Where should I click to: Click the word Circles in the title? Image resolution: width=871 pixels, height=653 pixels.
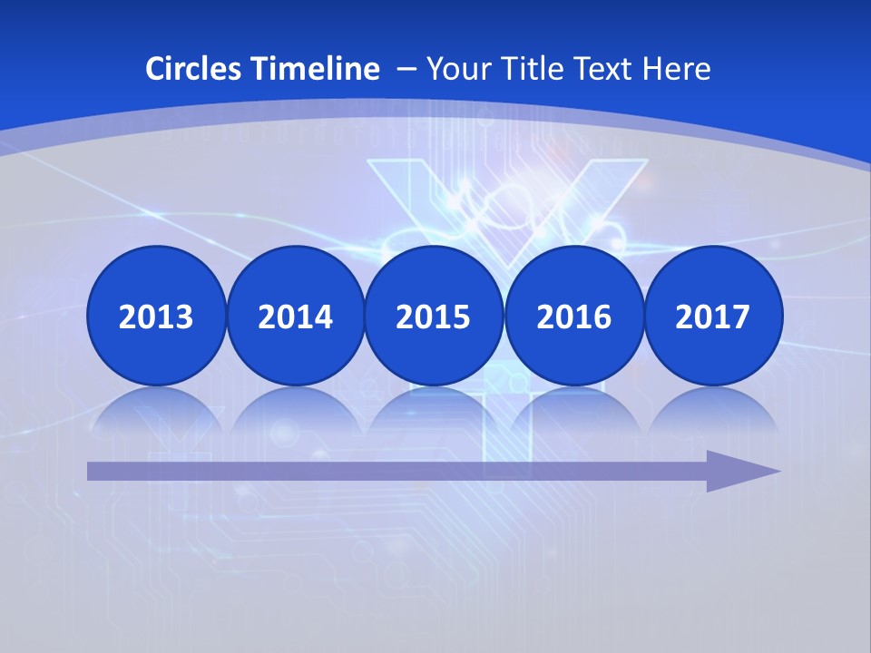click(194, 69)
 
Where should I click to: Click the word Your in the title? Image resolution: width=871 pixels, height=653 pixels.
click(455, 69)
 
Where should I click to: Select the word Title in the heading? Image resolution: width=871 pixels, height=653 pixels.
click(528, 69)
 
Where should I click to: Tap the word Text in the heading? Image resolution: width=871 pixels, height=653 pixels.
click(603, 69)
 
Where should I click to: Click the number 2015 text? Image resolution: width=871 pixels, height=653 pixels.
click(434, 317)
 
